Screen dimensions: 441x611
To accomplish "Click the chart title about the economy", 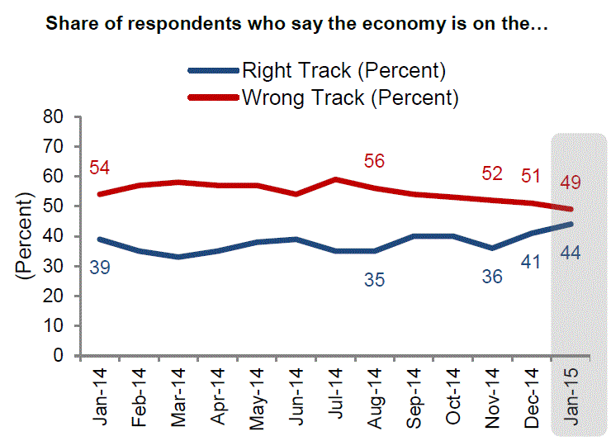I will coord(296,23).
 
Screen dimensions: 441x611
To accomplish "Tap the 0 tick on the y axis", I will coord(59,356).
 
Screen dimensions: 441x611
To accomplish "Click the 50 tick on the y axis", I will coord(54,206).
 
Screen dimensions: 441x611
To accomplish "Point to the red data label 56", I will coord(374,161).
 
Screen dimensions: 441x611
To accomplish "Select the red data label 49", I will coord(570,182).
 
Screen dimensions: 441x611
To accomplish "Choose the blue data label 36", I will coord(492,277).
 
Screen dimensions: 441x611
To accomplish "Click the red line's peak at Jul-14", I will coord(335,179).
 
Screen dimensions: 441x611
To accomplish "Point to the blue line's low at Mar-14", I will coord(179,257).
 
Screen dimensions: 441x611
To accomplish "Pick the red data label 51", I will coord(531,176).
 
